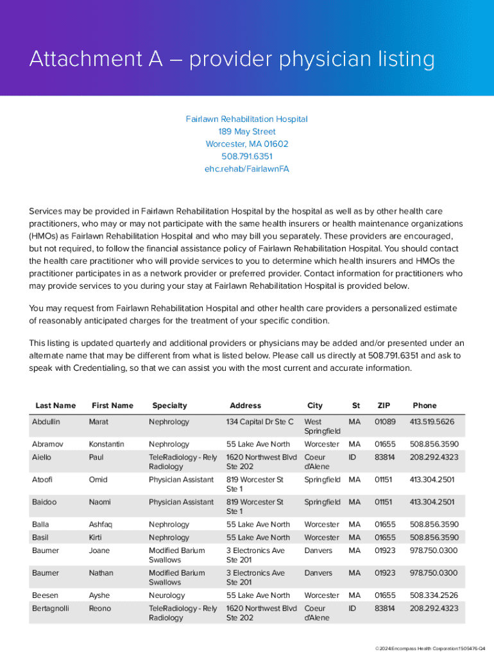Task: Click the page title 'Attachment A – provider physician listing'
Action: (x=232, y=60)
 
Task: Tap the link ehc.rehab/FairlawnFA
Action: (x=247, y=169)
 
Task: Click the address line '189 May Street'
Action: (x=247, y=132)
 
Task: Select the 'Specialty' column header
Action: (x=169, y=405)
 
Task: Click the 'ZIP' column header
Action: (x=384, y=405)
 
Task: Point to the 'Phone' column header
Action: (x=425, y=405)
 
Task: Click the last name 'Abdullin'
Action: (x=46, y=422)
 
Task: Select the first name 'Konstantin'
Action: (x=106, y=444)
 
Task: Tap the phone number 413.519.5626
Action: (x=432, y=422)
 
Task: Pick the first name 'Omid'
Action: (x=98, y=479)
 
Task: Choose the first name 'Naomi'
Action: (x=100, y=502)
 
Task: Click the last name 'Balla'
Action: (x=40, y=524)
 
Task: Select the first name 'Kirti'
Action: (x=96, y=537)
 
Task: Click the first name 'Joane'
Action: (x=99, y=550)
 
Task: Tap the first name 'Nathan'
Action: (x=101, y=573)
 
